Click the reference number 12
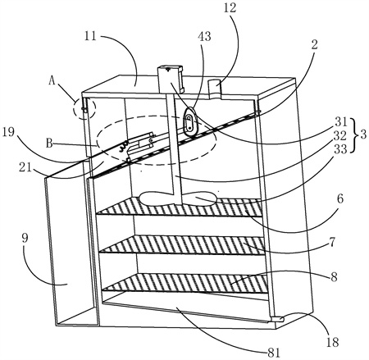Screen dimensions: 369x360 click(230, 8)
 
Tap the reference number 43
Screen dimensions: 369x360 click(205, 36)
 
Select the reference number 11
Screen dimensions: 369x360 click(90, 35)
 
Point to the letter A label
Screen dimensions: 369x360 click(52, 81)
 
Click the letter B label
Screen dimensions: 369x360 click(49, 143)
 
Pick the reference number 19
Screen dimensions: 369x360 click(10, 134)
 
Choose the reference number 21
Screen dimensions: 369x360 click(25, 167)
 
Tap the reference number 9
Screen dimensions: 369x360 click(25, 238)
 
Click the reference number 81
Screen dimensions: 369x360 click(274, 353)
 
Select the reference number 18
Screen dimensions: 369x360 click(332, 342)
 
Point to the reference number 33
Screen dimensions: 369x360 click(340, 149)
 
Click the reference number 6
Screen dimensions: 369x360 click(340, 199)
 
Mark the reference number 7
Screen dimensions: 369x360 click(332, 242)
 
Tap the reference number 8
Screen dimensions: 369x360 click(334, 276)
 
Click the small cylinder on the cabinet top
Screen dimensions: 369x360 click(215, 88)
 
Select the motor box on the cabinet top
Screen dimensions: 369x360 click(170, 79)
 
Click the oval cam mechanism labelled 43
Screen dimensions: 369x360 click(189, 121)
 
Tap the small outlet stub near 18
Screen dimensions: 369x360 click(277, 319)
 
